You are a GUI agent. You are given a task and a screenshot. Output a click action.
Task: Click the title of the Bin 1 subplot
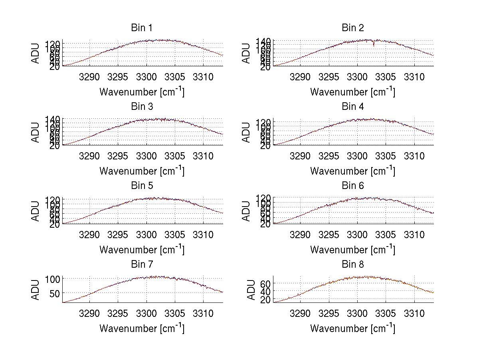click(x=142, y=28)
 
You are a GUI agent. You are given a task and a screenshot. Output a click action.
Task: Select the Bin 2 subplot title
click(x=353, y=28)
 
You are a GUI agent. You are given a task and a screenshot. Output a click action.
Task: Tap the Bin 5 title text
click(x=142, y=186)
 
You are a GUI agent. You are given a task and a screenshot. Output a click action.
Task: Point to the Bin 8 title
click(x=353, y=265)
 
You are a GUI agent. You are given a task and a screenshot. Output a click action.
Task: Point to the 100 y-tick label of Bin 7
click(x=53, y=278)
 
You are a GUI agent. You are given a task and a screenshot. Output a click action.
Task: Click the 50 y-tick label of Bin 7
click(x=55, y=293)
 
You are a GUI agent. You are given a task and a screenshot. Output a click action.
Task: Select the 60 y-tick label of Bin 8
click(x=266, y=283)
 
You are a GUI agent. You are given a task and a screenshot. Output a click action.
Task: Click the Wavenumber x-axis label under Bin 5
click(x=142, y=249)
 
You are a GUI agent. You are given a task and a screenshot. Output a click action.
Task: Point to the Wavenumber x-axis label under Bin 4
click(x=353, y=171)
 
